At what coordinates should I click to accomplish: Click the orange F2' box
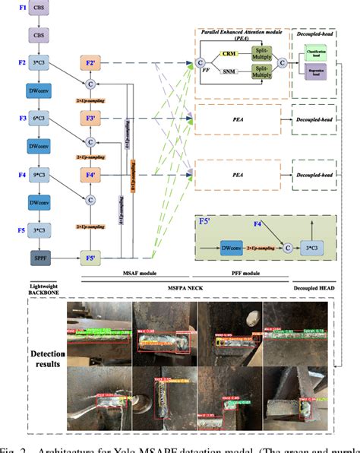click(90, 62)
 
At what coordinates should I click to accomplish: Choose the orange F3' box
click(90, 118)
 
